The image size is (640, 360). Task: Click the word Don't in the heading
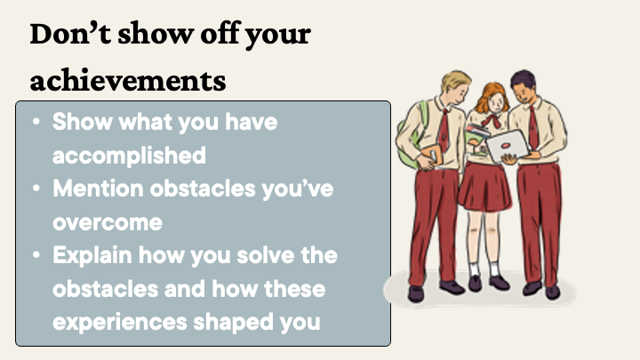coord(70,33)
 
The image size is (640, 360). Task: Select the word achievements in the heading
coord(128,80)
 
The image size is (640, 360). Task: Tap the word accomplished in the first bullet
coord(130,156)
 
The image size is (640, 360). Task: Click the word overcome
coord(108,223)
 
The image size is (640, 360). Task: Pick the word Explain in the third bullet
coord(92,255)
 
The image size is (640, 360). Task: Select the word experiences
coord(120,323)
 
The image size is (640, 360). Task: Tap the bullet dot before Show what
coord(36,122)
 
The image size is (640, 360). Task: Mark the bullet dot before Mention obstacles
coord(36,188)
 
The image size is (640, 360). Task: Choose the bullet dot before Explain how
coord(36,255)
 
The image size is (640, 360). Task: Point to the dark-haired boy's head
coord(524,86)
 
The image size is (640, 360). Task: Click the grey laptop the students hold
coord(507,146)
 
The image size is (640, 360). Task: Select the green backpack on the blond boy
coord(410,139)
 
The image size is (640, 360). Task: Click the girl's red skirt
coord(484,186)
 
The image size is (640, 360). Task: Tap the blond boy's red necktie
coord(444,130)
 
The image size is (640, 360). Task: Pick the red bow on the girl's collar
coord(492,120)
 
